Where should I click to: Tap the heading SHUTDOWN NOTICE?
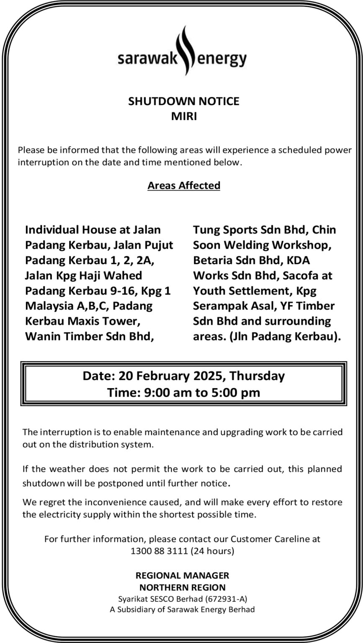pos(184,101)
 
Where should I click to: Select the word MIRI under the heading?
pos(184,116)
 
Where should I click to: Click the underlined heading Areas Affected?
pos(184,185)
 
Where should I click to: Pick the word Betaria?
pos(212,260)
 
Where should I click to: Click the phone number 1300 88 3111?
pos(160,551)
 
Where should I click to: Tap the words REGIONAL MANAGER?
pos(183,575)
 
